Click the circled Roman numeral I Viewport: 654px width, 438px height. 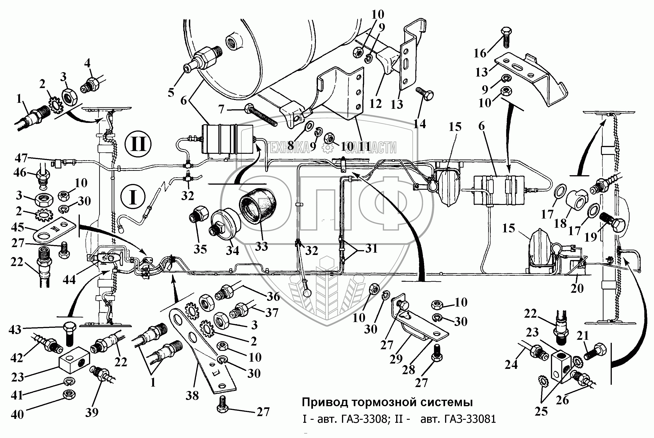click(133, 197)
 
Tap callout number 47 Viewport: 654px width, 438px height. click(21, 158)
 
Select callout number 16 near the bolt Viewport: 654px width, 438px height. click(480, 53)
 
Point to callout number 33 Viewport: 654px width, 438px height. click(261, 246)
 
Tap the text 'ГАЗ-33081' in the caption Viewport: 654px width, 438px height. click(458, 419)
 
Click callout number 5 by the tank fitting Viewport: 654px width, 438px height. click(171, 92)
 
